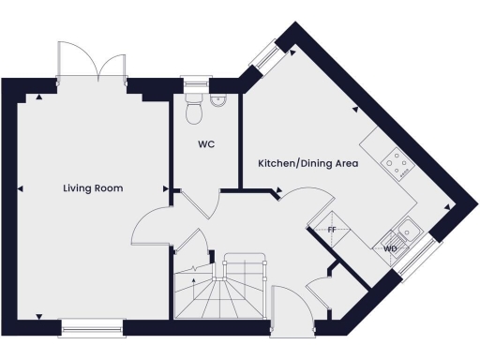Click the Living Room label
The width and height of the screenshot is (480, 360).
[93, 188]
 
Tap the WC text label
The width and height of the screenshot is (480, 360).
[206, 145]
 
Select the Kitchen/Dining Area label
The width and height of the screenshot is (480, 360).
[308, 164]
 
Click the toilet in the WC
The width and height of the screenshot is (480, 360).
[195, 110]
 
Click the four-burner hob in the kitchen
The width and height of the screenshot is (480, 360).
[397, 164]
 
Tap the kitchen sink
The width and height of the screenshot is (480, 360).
[409, 227]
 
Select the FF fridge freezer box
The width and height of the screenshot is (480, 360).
[331, 229]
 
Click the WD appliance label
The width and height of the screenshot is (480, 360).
[391, 248]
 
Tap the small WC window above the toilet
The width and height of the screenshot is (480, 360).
[195, 83]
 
